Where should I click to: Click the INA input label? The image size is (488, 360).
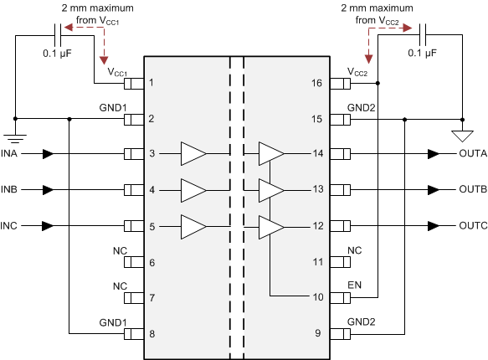[11, 154]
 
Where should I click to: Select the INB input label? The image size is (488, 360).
[11, 190]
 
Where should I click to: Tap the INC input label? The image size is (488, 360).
[11, 226]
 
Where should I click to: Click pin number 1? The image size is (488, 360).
[152, 83]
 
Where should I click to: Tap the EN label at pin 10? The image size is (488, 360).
[354, 286]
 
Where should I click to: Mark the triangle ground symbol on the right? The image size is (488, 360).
[460, 136]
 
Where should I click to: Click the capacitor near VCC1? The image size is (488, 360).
[59, 35]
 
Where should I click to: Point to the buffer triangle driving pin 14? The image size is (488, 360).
[270, 154]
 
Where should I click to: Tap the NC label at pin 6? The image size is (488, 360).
[120, 250]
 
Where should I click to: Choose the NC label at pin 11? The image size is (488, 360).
[354, 250]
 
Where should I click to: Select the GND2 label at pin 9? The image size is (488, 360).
[362, 322]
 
